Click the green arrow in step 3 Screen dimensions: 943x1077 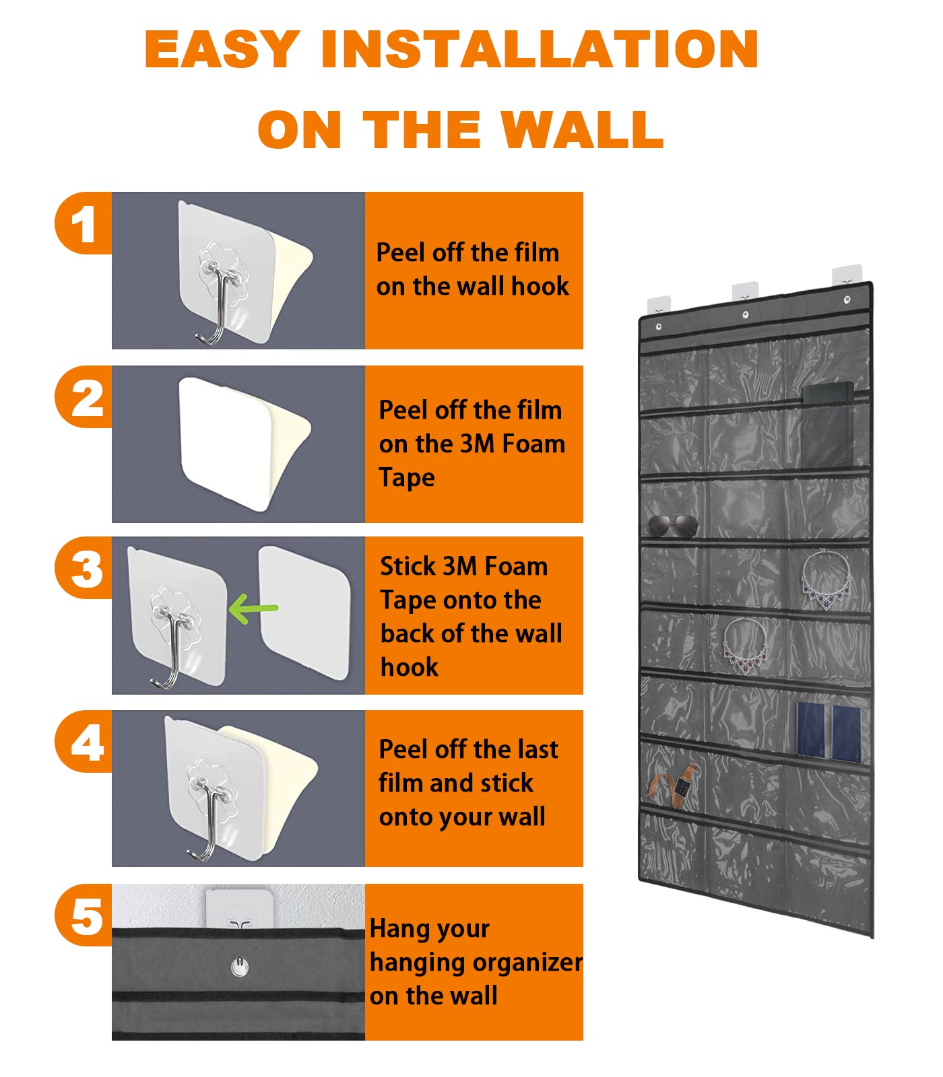pos(253,609)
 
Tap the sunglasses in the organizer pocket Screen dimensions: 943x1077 pos(673,525)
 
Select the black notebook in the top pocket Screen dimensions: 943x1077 pos(828,424)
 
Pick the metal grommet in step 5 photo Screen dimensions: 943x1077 pos(239,967)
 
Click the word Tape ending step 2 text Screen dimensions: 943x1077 pos(407,478)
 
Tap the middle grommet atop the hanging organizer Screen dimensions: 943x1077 pos(746,314)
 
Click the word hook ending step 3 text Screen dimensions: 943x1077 pos(410,667)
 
